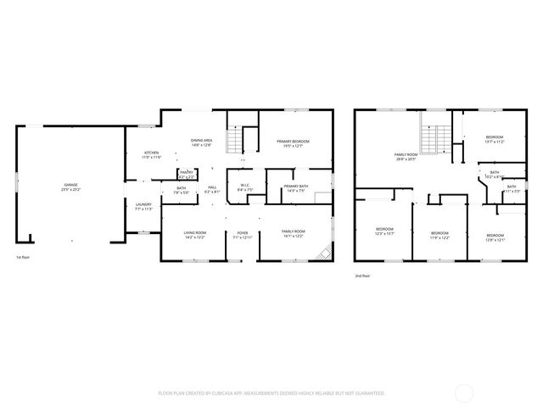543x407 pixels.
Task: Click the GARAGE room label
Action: point(70,185)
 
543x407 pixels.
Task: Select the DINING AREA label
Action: point(201,142)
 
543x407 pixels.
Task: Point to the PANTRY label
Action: point(187,173)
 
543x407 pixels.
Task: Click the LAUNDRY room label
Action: point(143,206)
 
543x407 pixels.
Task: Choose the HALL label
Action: point(212,188)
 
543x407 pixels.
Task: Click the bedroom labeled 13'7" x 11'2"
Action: point(495,139)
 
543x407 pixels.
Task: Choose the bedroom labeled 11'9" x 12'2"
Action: point(439,234)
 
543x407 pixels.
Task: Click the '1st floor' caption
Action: point(24,257)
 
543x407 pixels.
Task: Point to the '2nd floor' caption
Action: point(363,276)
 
